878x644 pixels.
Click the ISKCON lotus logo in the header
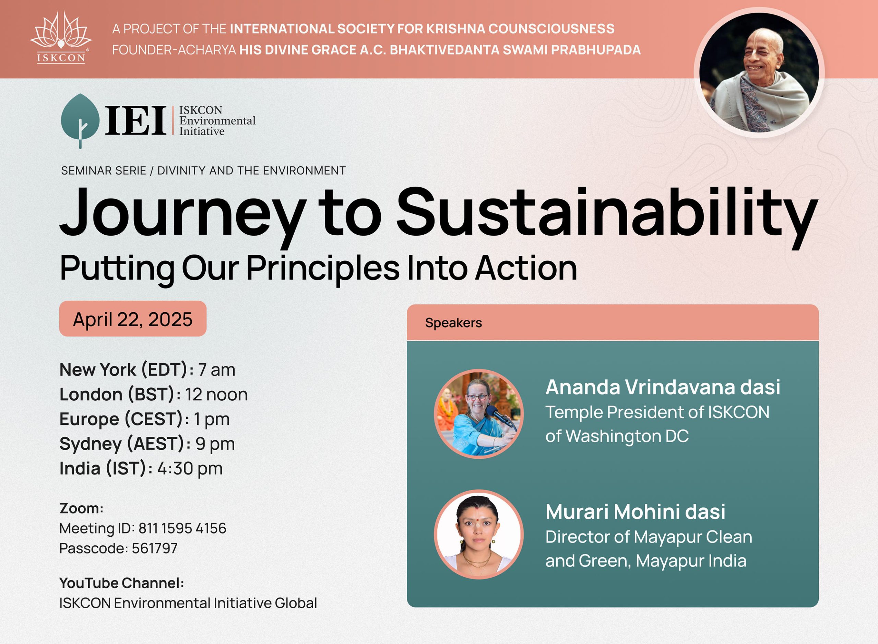(61, 37)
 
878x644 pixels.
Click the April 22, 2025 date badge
(132, 318)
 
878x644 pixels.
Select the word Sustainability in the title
(607, 214)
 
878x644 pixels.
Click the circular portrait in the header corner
(759, 72)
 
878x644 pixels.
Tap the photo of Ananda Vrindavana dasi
(478, 414)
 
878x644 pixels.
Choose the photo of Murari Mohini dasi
(478, 535)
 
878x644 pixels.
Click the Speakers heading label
(453, 323)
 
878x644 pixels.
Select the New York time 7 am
(217, 370)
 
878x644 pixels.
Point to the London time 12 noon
(216, 395)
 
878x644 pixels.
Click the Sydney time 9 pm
(215, 444)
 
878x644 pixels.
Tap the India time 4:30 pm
(190, 468)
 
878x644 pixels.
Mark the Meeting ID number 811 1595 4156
(182, 528)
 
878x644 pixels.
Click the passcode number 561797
(155, 548)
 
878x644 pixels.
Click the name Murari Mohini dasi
(635, 512)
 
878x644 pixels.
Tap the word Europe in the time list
(89, 419)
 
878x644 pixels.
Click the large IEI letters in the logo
(135, 121)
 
